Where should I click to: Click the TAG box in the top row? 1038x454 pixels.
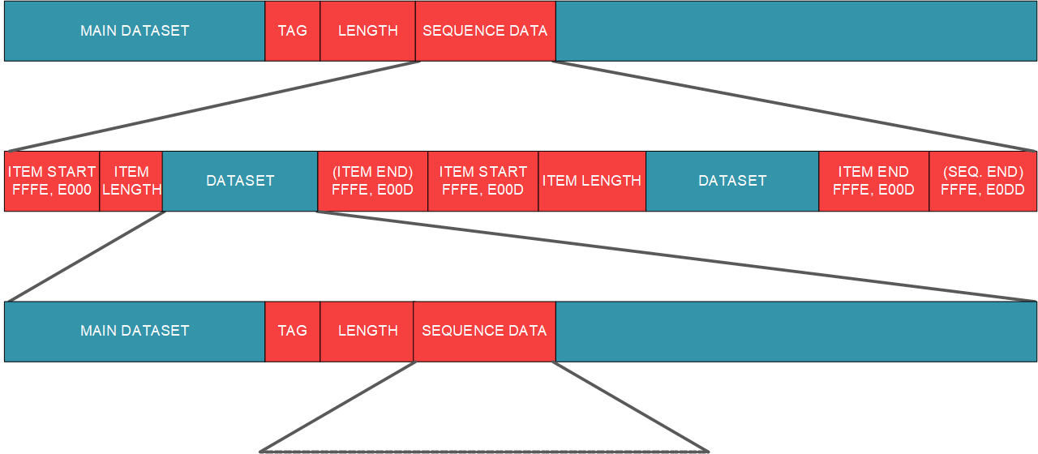coord(293,31)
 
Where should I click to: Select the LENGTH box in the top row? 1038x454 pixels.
coord(367,31)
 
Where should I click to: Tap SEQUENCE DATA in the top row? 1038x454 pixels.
coord(485,31)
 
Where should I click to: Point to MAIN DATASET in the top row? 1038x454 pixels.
coord(135,31)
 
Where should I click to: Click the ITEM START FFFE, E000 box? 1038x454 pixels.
coord(52,181)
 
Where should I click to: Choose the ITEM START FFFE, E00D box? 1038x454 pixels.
coord(483,181)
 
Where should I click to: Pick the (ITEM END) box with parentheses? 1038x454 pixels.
coord(372,181)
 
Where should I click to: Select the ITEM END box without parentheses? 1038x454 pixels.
coord(873,181)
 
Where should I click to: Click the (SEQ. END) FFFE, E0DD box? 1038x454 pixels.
coord(983,181)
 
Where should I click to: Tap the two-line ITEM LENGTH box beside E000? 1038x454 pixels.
coord(131,181)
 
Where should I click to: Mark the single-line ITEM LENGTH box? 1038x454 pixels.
coord(592,181)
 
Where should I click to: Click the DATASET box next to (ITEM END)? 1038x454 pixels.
coord(240,181)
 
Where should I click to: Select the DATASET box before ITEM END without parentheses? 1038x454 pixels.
coord(732,181)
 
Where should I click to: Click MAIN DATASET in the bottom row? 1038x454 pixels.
coord(135,331)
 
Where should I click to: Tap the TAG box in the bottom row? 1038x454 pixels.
coord(293,331)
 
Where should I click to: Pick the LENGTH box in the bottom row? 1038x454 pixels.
coord(367,331)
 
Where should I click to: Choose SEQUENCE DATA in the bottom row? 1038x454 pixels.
coord(484,331)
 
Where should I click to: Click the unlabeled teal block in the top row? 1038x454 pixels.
coord(796,31)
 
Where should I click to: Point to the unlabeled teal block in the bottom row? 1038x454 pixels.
coord(796,331)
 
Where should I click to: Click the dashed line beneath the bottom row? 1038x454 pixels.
coord(484,451)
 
